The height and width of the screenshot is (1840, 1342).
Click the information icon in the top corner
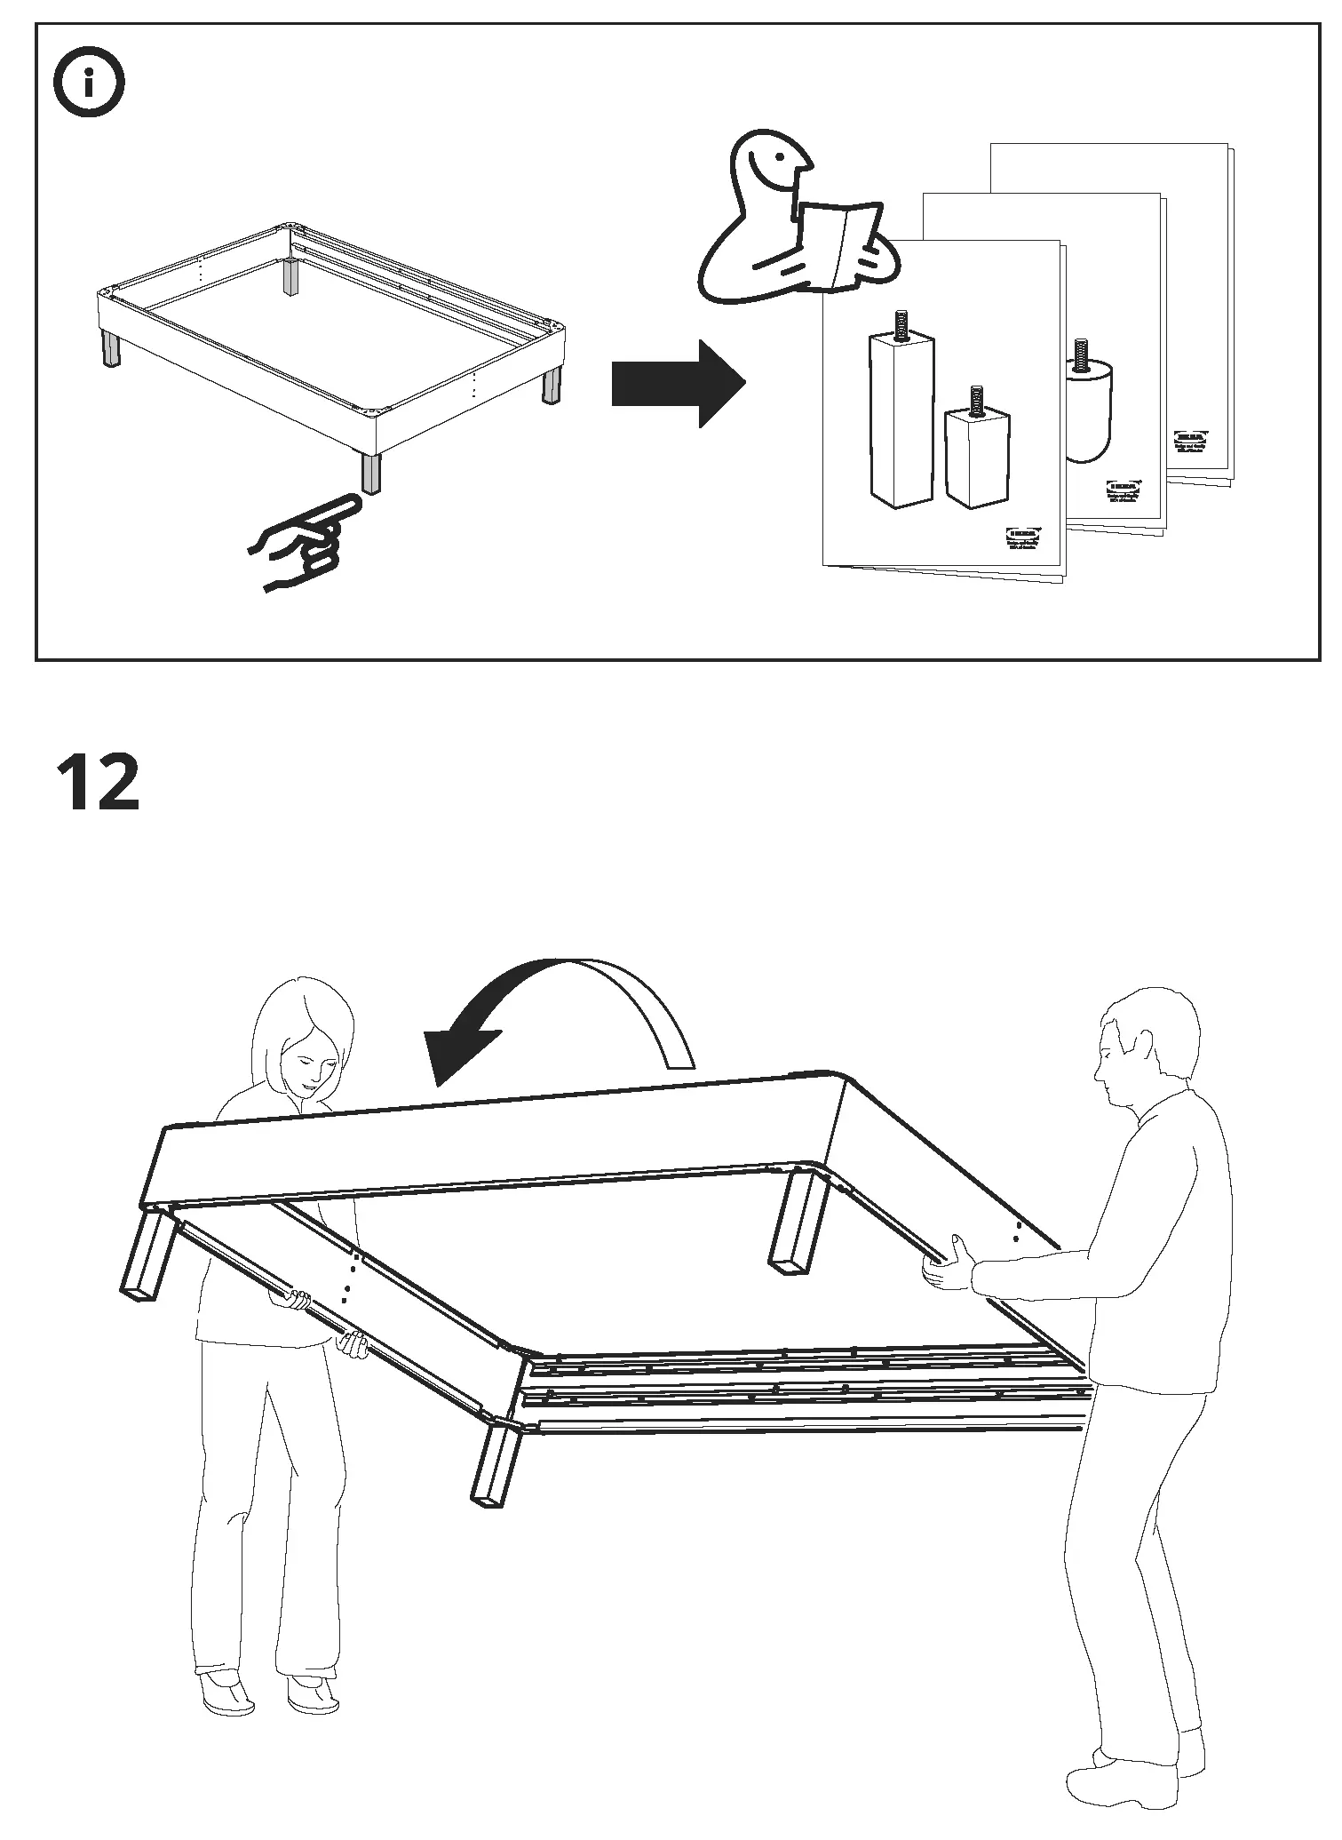click(x=89, y=85)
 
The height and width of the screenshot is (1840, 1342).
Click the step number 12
click(x=99, y=781)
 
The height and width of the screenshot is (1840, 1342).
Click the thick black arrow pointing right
click(x=678, y=384)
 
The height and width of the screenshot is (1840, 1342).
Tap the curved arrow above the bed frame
click(x=568, y=1014)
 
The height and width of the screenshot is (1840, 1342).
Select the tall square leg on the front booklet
click(x=901, y=418)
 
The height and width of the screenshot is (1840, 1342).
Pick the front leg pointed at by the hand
click(x=371, y=473)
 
